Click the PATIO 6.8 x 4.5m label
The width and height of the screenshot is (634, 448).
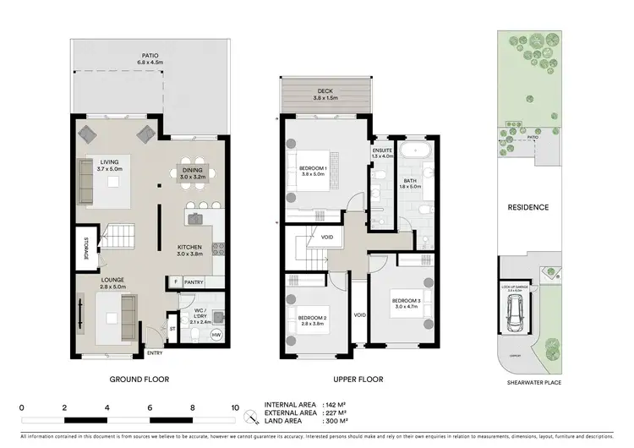(149, 58)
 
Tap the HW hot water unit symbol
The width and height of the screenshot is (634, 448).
(216, 335)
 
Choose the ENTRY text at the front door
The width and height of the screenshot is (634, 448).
(155, 353)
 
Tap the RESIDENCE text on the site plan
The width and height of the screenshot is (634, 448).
(528, 207)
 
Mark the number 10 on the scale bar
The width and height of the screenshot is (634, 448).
(234, 407)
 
